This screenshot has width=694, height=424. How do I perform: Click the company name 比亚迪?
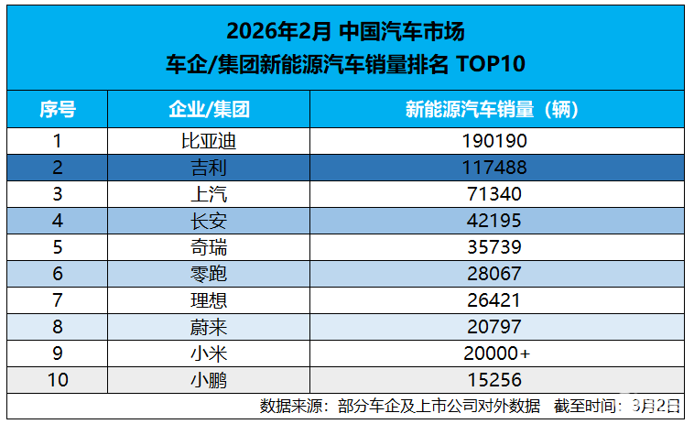[x=209, y=141]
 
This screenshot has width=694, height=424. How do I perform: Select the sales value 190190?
[x=496, y=141]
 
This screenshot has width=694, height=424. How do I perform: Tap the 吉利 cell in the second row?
[x=209, y=168]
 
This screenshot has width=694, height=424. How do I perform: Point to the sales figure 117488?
[x=496, y=168]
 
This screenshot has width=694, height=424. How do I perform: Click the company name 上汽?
[x=209, y=194]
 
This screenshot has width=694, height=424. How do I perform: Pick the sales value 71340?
[x=496, y=194]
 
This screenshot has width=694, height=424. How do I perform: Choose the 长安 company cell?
[x=209, y=221]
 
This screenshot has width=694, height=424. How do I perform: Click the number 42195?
[x=496, y=221]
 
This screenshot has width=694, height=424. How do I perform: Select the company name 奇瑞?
[x=209, y=247]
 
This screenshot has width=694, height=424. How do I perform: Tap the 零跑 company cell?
[x=209, y=274]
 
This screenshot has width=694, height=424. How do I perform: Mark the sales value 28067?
[x=496, y=274]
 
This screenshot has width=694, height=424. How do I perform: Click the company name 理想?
[x=209, y=300]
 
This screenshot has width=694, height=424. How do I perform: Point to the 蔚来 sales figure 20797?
[x=496, y=327]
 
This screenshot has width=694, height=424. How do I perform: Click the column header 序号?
[x=57, y=111]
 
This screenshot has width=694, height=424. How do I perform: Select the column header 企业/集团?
[x=209, y=111]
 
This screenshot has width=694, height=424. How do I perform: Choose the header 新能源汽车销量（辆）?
[x=496, y=111]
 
